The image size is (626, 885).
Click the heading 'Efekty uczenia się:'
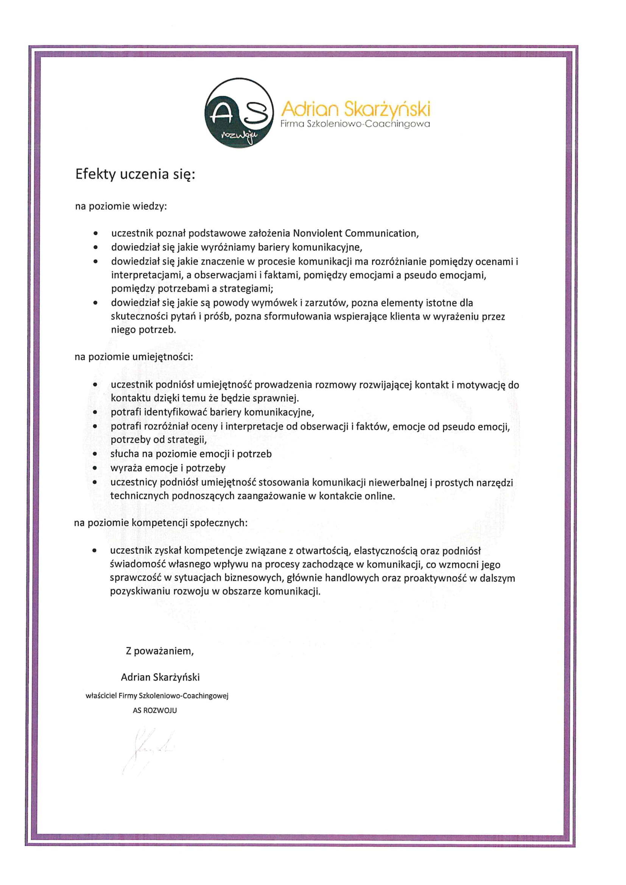135,175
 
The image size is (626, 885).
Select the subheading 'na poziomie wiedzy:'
121,207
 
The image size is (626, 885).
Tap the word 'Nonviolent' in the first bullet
317,234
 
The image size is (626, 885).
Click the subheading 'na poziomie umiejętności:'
133,357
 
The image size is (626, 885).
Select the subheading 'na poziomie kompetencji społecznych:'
161,523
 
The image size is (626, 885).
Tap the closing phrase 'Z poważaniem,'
160,651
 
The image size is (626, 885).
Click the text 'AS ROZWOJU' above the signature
154,710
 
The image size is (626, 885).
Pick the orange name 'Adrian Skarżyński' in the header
355,110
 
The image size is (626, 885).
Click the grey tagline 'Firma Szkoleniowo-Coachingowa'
355,125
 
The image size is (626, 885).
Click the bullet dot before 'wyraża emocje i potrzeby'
95,469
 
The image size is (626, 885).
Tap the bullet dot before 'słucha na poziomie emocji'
95,455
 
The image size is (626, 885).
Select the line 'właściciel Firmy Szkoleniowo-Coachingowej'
157,696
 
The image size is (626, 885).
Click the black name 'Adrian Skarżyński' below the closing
160,677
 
